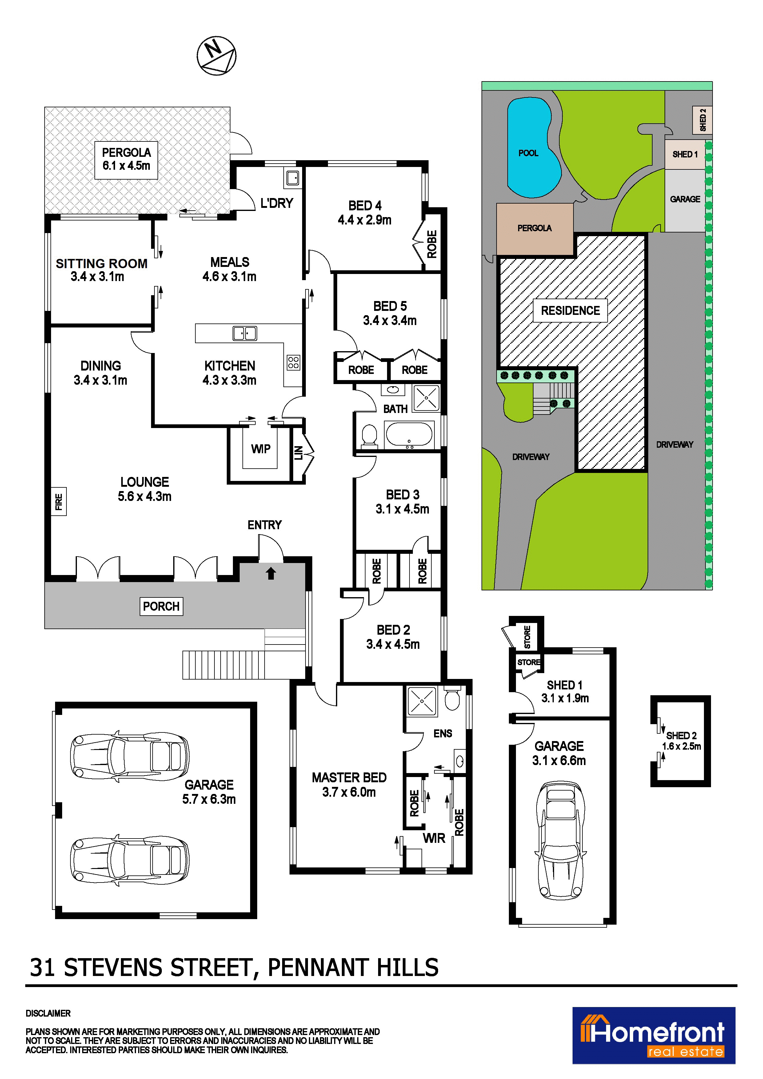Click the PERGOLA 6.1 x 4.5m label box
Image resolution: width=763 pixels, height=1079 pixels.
coord(126,160)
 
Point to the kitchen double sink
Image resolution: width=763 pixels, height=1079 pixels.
coord(245,334)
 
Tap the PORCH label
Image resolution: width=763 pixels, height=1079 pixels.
coord(161,606)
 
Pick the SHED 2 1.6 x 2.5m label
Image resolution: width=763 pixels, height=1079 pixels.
coord(681,741)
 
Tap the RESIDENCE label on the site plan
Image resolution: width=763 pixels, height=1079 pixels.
coord(570,311)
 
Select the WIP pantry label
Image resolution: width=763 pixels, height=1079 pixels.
coord(261,449)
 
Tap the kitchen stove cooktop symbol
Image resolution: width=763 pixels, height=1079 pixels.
coord(293,362)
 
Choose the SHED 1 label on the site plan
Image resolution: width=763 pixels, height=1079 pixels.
coord(685,154)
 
